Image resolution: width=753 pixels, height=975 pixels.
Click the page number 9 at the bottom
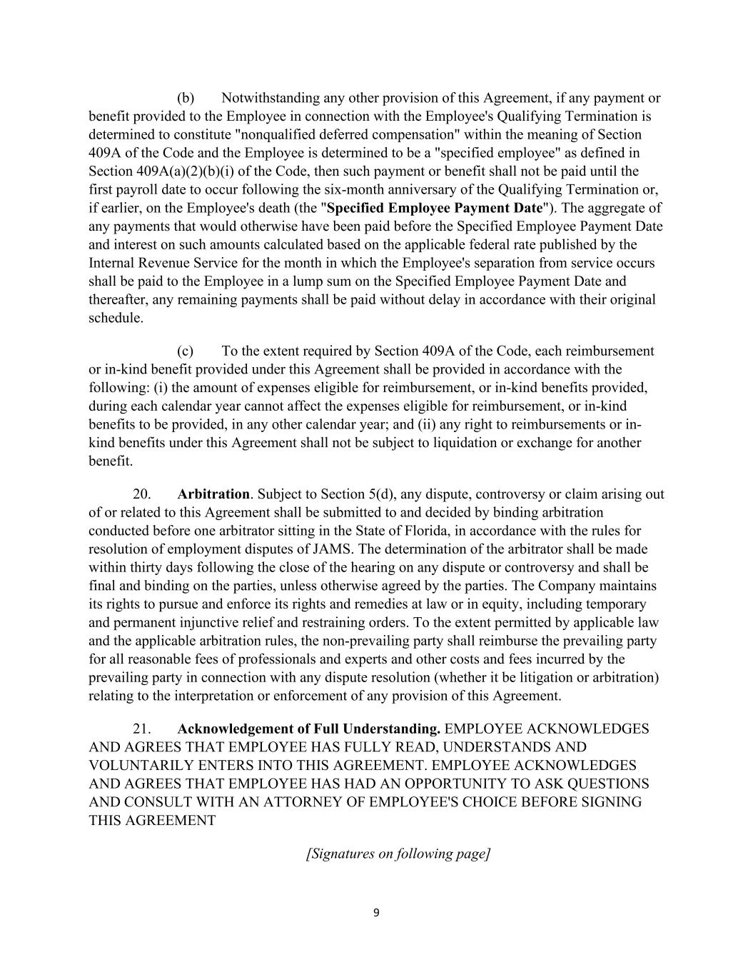click(x=376, y=912)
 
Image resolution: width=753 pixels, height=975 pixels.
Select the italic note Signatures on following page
click(x=398, y=854)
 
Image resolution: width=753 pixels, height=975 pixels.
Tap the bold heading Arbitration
click(x=213, y=494)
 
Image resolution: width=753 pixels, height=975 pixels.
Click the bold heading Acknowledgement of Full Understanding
click(x=308, y=729)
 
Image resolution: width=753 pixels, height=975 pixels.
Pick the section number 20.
click(x=141, y=494)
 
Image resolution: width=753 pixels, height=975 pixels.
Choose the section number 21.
click(x=141, y=729)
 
